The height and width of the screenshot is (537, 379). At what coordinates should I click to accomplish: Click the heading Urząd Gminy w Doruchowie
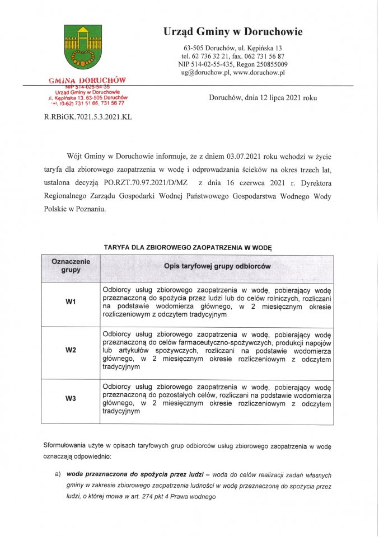click(x=233, y=32)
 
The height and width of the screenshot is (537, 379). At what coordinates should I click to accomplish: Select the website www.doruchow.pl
click(x=259, y=72)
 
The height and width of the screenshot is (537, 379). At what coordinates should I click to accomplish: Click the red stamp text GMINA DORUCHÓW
click(x=87, y=81)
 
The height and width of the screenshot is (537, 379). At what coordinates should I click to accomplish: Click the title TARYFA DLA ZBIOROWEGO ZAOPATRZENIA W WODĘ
click(x=188, y=247)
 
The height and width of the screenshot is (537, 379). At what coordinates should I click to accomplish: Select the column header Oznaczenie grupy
click(x=71, y=266)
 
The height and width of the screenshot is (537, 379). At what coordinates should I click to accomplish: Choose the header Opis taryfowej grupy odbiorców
click(x=217, y=266)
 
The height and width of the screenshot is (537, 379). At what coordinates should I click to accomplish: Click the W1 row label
click(x=71, y=303)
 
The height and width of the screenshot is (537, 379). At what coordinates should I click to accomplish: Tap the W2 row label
click(x=71, y=351)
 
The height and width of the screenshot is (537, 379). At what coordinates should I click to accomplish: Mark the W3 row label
click(x=71, y=399)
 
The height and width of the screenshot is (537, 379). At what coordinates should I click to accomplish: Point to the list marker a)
click(x=57, y=474)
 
